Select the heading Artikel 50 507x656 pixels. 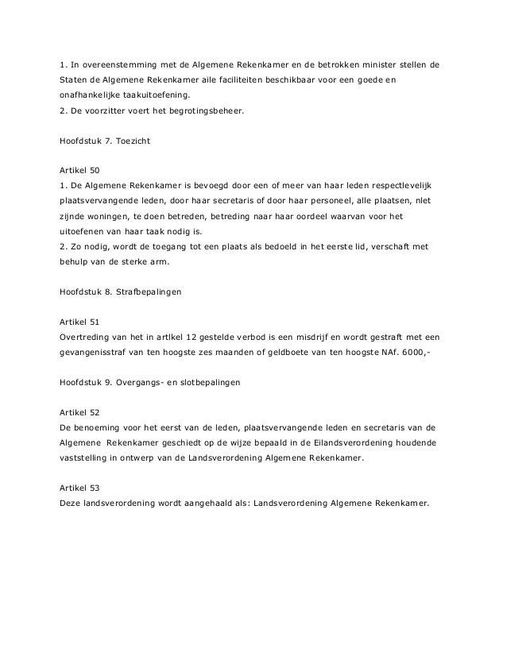(80, 170)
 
